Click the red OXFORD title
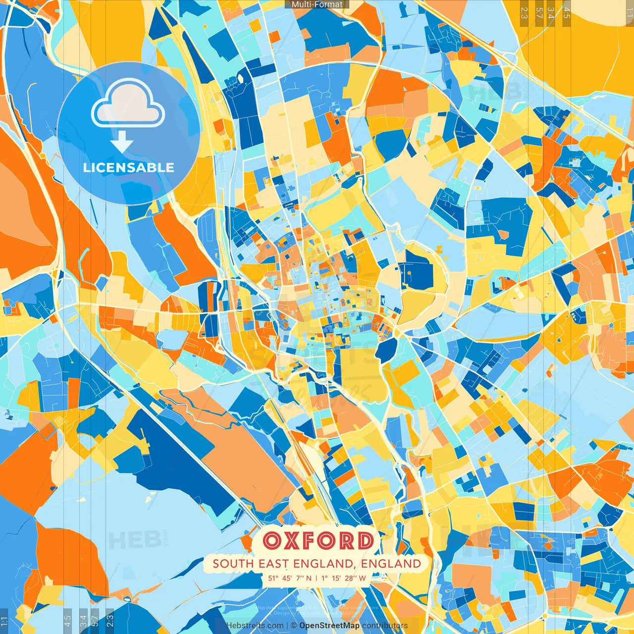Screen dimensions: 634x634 [317, 540]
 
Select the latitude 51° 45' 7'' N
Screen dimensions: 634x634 [290, 578]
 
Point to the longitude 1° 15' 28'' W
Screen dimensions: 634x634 [344, 578]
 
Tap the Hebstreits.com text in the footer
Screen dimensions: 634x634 [255, 626]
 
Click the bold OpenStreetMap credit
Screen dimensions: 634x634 [329, 626]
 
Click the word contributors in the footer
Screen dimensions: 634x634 [385, 626]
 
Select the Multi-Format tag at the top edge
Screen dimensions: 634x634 [317, 4]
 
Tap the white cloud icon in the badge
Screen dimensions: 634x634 [128, 105]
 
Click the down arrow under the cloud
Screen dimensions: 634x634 [122, 143]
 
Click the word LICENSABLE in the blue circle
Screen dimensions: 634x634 [128, 167]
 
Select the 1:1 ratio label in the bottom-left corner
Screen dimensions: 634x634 [4, 621]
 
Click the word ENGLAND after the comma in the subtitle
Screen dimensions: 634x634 [391, 564]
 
